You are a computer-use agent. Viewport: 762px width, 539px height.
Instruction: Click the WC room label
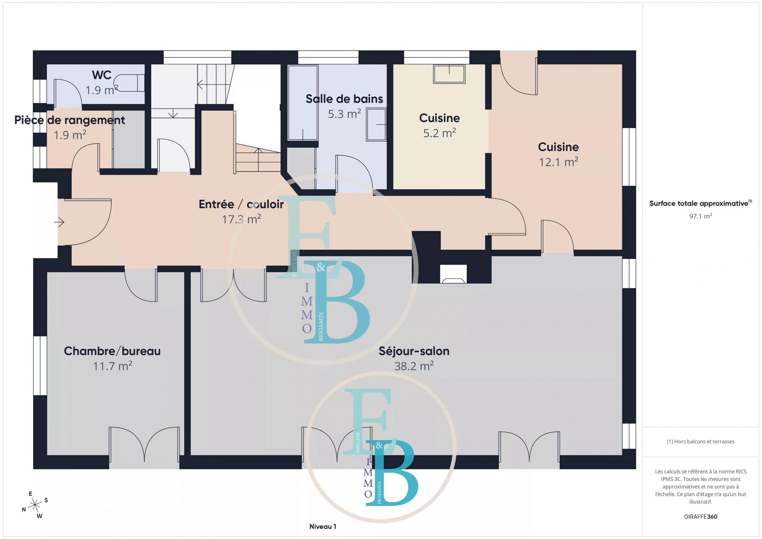click(x=102, y=75)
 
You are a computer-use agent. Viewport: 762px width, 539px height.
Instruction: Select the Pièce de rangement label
click(x=70, y=120)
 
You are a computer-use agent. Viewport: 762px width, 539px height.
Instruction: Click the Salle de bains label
click(x=344, y=99)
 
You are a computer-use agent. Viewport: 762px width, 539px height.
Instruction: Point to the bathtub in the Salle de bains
click(x=303, y=103)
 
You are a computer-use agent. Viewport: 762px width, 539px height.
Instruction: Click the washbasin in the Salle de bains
click(x=376, y=125)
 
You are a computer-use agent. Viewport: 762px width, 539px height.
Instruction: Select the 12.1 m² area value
click(x=559, y=162)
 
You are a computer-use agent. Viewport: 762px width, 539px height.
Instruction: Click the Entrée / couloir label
click(x=241, y=204)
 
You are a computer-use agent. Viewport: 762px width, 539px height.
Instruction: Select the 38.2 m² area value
click(x=414, y=366)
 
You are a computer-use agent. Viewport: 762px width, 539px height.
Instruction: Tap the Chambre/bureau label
click(x=112, y=351)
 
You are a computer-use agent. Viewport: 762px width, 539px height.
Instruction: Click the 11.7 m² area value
click(x=113, y=366)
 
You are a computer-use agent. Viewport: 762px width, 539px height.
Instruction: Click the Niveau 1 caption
click(x=323, y=526)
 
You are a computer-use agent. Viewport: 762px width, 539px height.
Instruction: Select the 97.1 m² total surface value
click(x=701, y=216)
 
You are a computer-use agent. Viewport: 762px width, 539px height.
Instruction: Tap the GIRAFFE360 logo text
click(x=701, y=516)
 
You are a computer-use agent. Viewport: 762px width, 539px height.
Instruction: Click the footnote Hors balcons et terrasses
click(x=701, y=441)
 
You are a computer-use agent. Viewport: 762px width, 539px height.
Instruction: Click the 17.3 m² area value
click(x=241, y=219)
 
